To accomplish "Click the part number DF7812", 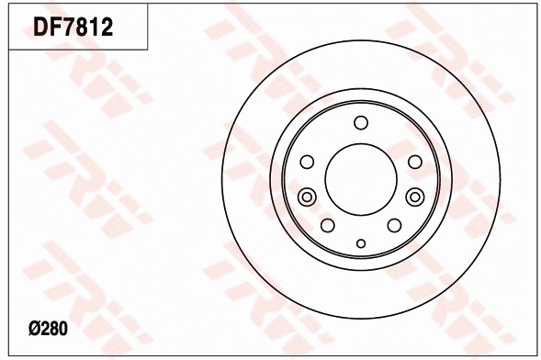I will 73,28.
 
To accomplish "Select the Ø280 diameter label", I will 48,327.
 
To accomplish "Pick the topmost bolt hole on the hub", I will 360,124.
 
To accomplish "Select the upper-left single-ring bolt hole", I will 308,163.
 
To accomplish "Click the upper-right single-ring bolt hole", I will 414,163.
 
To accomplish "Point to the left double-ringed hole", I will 308,196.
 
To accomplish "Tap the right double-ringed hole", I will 414,196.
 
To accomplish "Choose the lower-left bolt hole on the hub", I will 327,226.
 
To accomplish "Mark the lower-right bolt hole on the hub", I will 394,226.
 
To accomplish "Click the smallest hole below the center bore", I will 360,243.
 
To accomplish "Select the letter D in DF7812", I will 42,28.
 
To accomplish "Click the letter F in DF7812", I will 57,28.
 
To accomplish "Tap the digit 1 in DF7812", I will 96,28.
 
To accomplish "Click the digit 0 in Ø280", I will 64,327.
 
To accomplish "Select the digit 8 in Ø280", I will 54,327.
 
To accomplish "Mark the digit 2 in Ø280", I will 44,327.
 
